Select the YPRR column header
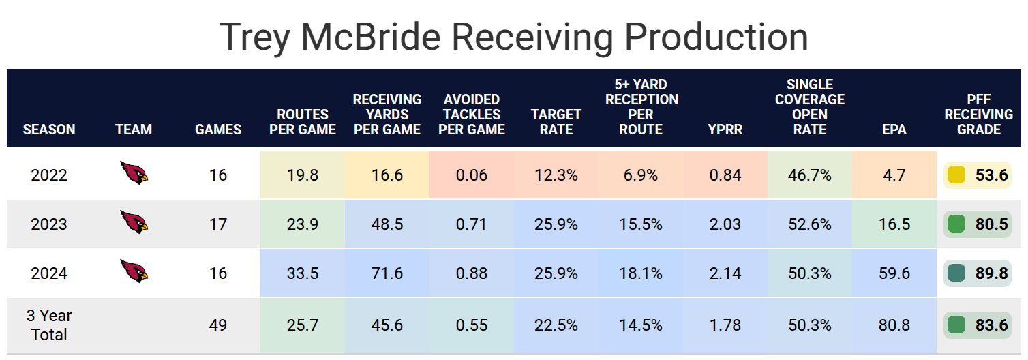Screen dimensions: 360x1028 coord(725,129)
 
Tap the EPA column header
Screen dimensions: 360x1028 coord(894,129)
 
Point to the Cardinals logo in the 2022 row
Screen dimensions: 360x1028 coord(134,173)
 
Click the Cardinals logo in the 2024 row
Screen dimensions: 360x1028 coord(134,271)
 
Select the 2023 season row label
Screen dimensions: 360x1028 coord(49,224)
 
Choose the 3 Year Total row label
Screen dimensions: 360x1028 coord(49,325)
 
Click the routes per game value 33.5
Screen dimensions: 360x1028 coord(303,273)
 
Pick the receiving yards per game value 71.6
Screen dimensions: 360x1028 coord(387,273)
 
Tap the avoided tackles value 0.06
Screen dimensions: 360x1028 coord(472,175)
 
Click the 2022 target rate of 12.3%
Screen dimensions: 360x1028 coord(556,175)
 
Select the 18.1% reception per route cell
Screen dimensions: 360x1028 coord(641,273)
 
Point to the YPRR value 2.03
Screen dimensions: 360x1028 coord(725,224)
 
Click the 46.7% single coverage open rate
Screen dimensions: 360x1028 coord(810,175)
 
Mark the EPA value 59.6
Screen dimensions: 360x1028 coord(894,273)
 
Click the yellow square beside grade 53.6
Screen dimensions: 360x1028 coord(956,175)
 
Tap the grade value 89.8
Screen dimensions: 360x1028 coord(991,273)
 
